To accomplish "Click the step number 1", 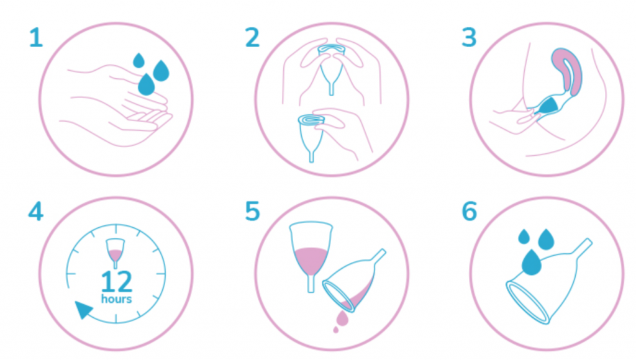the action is tap(36, 38).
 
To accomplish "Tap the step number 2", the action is tap(252, 38).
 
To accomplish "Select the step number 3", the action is tap(469, 38).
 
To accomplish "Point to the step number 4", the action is tap(35, 211).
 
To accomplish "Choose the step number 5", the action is tap(252, 211).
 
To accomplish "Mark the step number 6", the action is tap(470, 211).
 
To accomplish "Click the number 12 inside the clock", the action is tap(116, 281).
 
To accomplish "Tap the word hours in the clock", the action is tap(116, 299).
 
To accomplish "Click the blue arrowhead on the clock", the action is tap(84, 309).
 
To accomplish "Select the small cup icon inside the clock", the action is tap(115, 253).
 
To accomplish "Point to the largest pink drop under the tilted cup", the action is tap(342, 318).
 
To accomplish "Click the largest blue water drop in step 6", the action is tap(532, 263).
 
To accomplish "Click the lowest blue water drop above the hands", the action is tap(147, 85).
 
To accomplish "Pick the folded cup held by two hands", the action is tap(332, 69).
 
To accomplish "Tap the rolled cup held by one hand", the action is tap(311, 138).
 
